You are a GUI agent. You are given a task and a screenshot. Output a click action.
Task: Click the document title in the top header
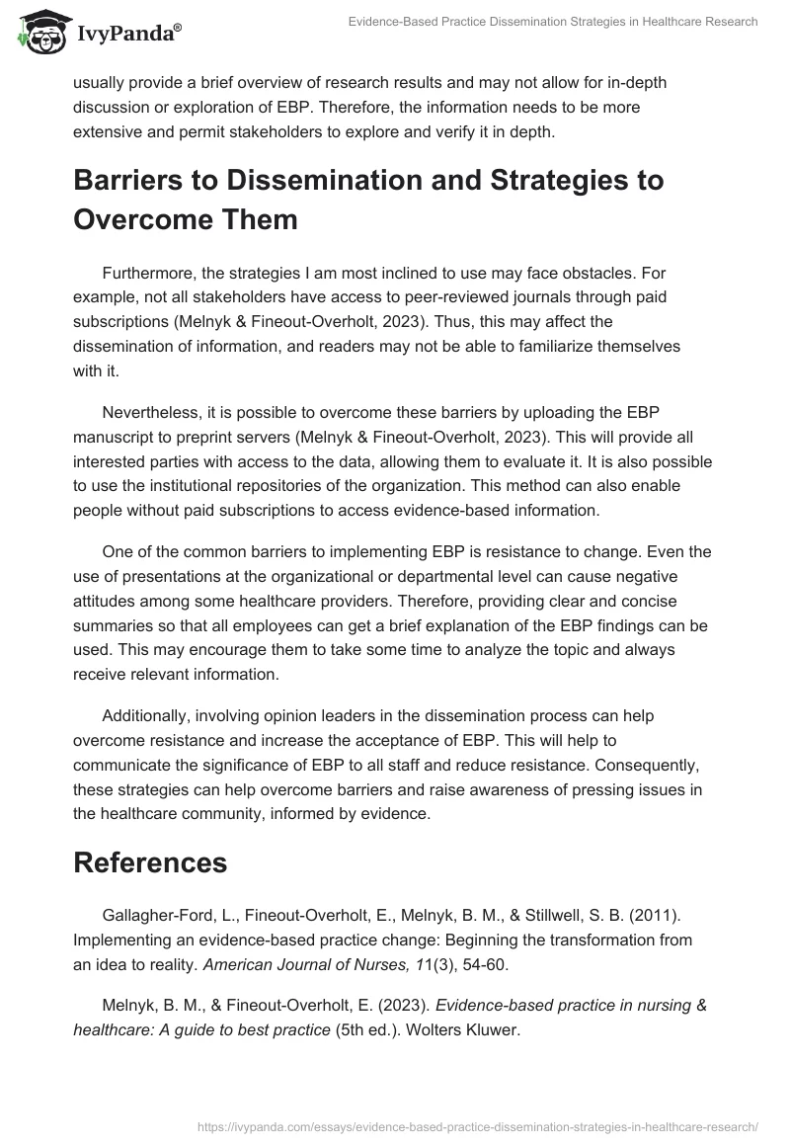(x=553, y=23)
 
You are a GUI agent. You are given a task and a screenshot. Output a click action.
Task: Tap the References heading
(x=150, y=861)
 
